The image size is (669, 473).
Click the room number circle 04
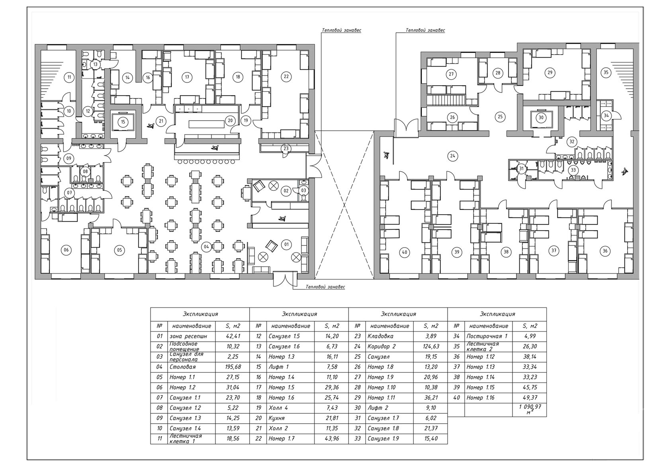[x=206, y=247]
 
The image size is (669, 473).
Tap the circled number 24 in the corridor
[x=453, y=156]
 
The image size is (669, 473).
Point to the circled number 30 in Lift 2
[x=541, y=118]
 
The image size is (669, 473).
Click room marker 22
[x=286, y=76]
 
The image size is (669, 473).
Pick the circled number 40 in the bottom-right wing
[x=405, y=252]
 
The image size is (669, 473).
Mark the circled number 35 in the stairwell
[x=606, y=72]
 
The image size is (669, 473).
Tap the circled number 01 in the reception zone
[x=286, y=245]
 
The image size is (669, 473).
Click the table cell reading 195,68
[x=233, y=367]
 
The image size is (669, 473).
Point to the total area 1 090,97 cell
[x=530, y=409]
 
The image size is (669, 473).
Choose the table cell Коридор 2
[x=381, y=346]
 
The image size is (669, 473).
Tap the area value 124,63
[x=431, y=346]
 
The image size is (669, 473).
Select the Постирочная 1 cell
[x=487, y=336]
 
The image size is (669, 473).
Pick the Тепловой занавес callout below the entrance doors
[x=325, y=287]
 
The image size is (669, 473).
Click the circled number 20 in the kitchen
[x=230, y=121]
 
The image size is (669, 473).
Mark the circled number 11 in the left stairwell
[x=69, y=77]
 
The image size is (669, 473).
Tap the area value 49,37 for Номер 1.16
[x=530, y=398]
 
